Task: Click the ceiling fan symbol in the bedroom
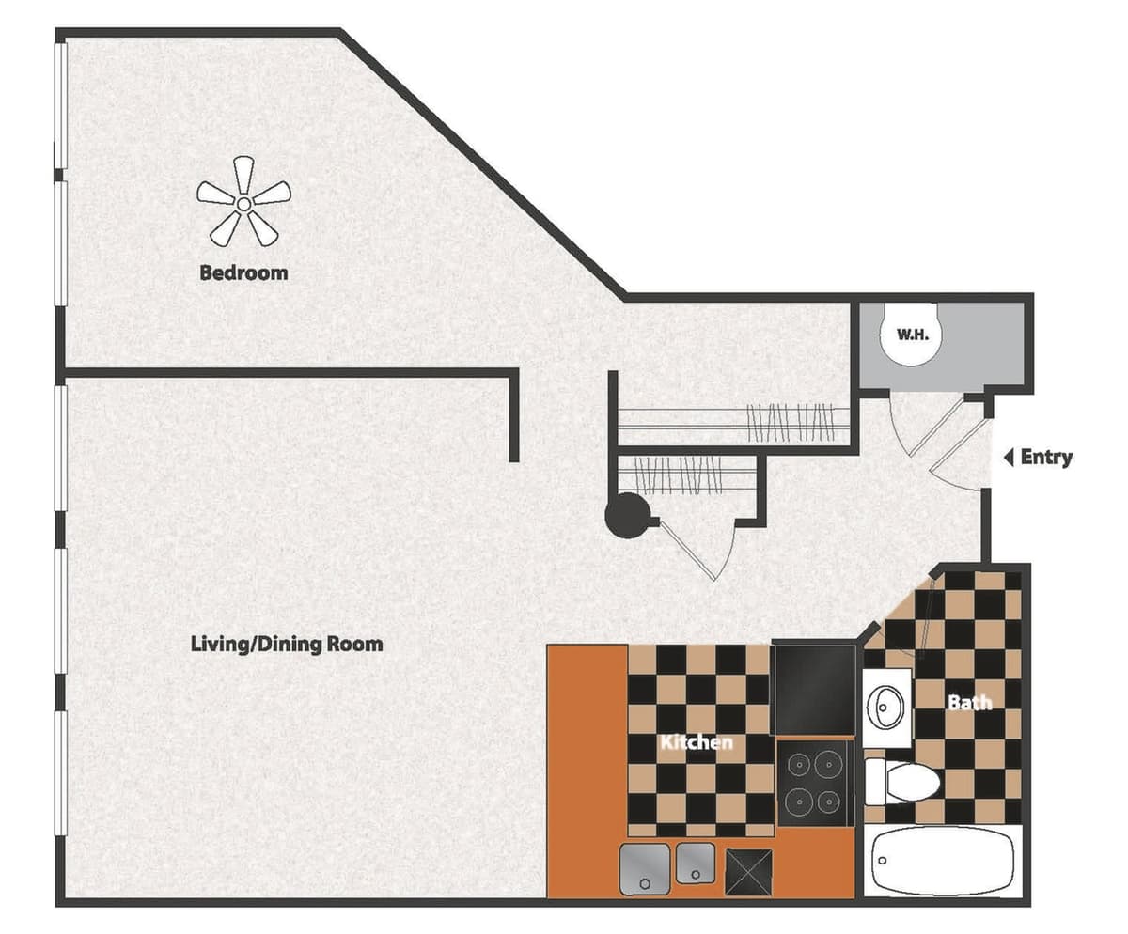(243, 201)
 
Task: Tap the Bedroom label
(243, 273)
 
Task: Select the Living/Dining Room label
(287, 645)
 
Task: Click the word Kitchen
(697, 742)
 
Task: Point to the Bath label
(969, 702)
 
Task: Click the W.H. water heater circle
(912, 334)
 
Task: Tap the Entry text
(1046, 458)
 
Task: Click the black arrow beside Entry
(1008, 458)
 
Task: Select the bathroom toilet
(900, 782)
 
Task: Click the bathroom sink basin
(886, 702)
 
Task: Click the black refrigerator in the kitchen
(814, 689)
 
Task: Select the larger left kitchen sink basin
(645, 868)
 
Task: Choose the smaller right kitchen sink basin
(696, 863)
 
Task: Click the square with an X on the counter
(748, 871)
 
